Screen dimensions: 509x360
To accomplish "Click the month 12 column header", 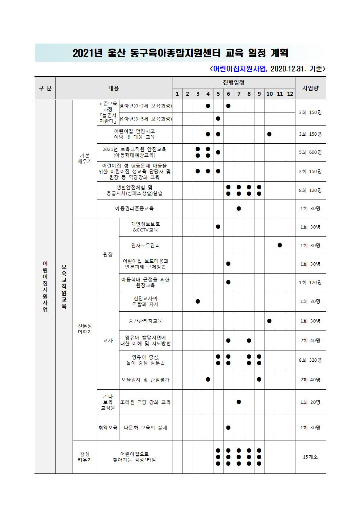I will pos(290,94).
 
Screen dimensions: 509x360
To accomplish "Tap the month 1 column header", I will pos(177,94).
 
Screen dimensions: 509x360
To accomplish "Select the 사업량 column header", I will pos(310,88).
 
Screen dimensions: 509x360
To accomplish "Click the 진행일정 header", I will pos(233,82).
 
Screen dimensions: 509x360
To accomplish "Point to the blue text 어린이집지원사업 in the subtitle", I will pos(240,69).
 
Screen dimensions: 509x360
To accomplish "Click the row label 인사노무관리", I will pos(146,246).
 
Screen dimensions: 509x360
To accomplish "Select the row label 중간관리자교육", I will pos(146,321).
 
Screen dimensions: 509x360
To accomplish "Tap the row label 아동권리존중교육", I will pos(134,209).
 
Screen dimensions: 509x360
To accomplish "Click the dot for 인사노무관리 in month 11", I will pos(280,246).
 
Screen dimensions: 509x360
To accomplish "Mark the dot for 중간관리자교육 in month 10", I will pos(269,321).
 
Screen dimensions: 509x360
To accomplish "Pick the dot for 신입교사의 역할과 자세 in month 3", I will pos(198,301).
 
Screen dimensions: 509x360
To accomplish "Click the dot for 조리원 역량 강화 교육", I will pos(238,402).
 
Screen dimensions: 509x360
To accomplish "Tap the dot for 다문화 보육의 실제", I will pos(228,428).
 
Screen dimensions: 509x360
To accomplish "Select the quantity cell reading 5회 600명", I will pos(310,152).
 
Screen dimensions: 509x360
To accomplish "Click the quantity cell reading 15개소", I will pos(310,457).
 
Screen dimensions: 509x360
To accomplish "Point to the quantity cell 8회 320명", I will pos(310,360).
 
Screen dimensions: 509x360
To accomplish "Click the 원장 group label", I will pos(108,255).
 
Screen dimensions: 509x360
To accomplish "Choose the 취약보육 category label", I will pos(108,428).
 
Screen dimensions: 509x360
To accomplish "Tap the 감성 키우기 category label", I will pos(85,457).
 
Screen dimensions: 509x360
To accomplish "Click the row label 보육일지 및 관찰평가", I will pos(146,380).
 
